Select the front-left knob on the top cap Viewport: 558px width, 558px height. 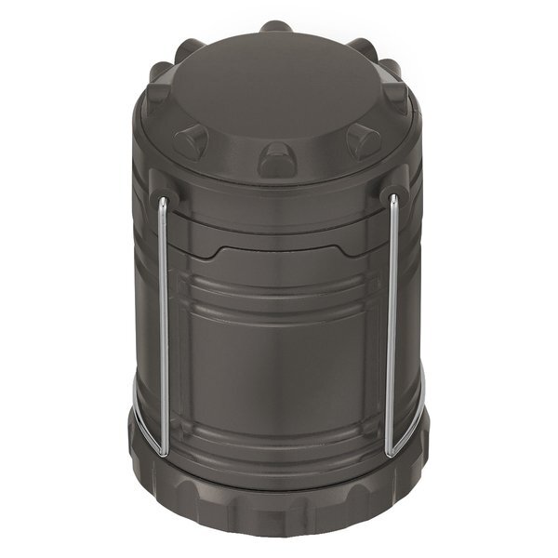(x=191, y=139)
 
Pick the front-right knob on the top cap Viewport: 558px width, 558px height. (x=364, y=139)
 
